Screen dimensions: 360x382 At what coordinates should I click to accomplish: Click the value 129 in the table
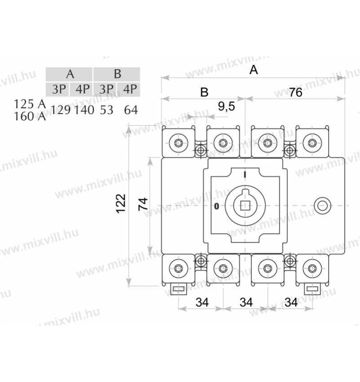[x=61, y=110]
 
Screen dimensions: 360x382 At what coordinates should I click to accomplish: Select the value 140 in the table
[x=84, y=110]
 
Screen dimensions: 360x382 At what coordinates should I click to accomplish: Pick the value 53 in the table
[x=107, y=110]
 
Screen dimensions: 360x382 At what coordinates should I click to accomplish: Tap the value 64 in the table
[x=131, y=110]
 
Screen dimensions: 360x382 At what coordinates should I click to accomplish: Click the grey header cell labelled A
[x=69, y=74]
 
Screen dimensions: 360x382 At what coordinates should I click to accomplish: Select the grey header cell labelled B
[x=117, y=74]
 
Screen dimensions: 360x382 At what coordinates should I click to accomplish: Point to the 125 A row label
[x=30, y=104]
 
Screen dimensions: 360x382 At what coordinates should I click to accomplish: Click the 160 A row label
[x=30, y=116]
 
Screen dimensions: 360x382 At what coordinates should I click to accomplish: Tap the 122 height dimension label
[x=121, y=204]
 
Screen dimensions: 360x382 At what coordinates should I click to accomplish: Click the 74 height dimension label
[x=143, y=204]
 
